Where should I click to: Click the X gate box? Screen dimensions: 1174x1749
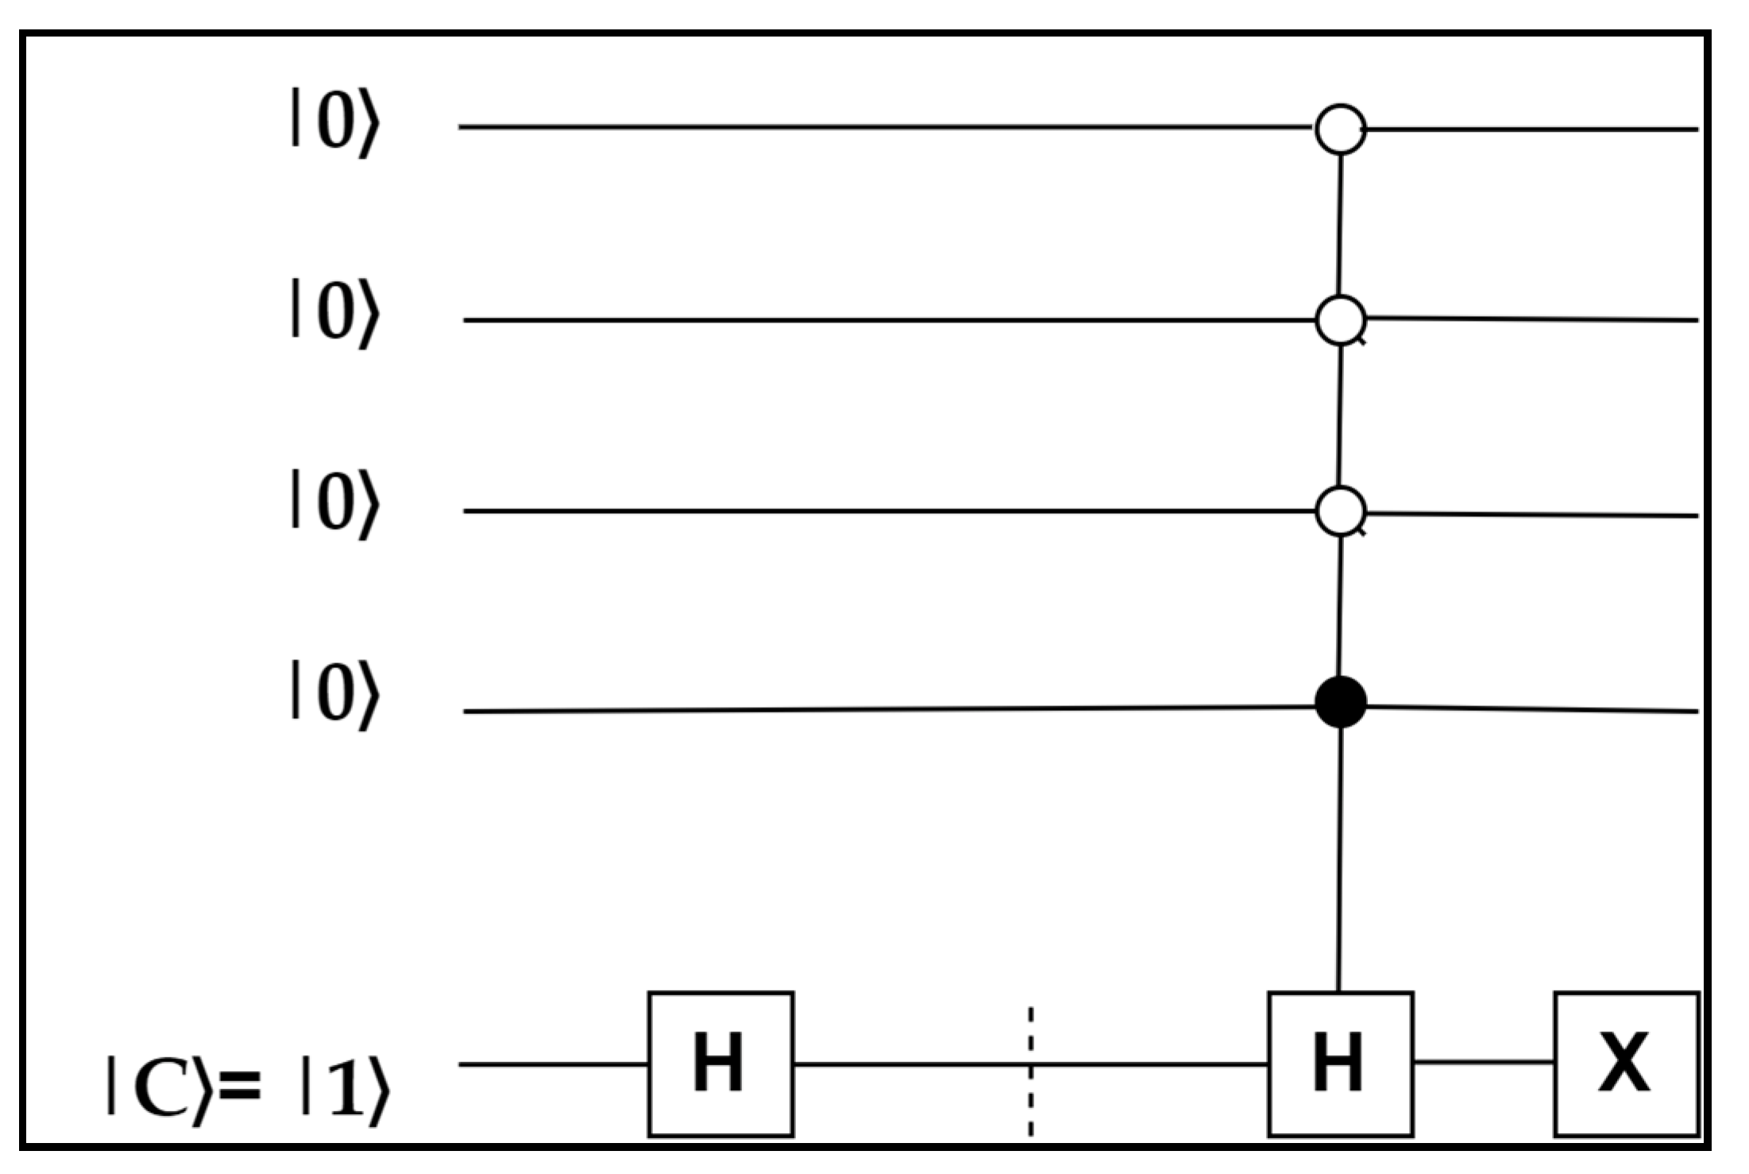coord(1626,1064)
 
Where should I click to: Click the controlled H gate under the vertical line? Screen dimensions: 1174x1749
coord(1340,1064)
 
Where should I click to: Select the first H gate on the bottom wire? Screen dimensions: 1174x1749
coord(720,1064)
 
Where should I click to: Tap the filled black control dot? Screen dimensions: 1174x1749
coord(1341,702)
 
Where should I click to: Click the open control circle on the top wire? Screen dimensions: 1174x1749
coord(1341,129)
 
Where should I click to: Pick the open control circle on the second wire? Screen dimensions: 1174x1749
coord(1341,319)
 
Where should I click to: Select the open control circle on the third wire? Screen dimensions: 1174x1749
coord(1341,512)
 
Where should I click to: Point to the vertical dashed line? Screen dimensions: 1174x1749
coord(1030,1072)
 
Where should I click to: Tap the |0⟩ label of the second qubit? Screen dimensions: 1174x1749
coord(334,313)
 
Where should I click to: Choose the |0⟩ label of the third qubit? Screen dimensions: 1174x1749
coord(334,505)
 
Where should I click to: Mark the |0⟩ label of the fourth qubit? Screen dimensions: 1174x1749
coord(334,696)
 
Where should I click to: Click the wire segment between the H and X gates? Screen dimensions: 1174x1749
coord(1483,1061)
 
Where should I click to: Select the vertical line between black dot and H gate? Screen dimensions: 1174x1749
coord(1340,858)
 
